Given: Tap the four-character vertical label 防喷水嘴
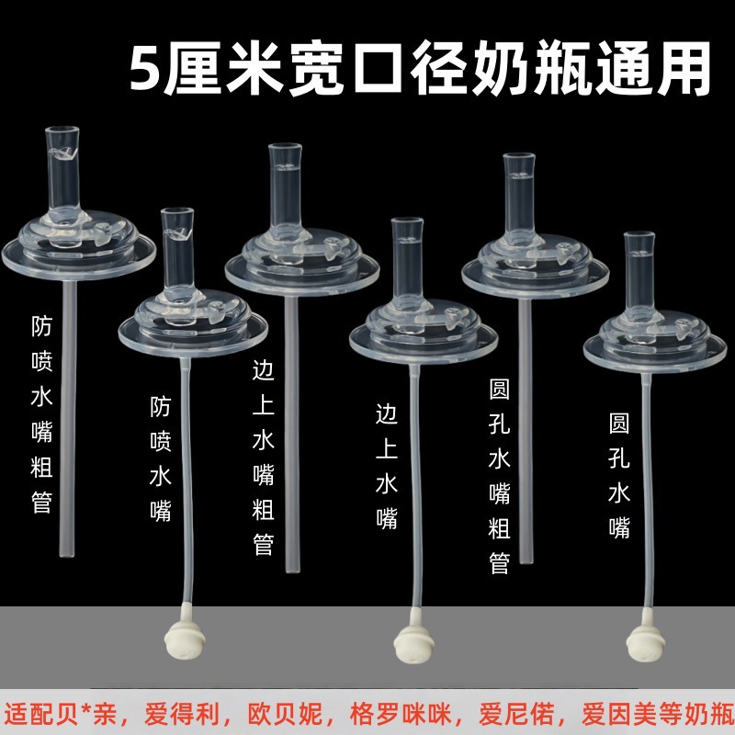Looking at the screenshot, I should (x=161, y=459).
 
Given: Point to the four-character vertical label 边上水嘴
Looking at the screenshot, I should (x=387, y=466).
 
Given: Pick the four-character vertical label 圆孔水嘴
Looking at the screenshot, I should (x=619, y=475).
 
